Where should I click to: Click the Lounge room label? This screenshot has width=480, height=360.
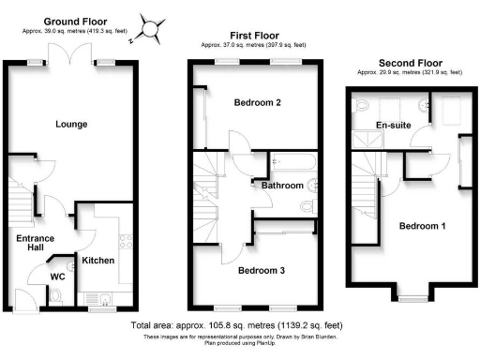tap(71, 124)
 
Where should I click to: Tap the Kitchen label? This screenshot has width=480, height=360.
tap(97, 260)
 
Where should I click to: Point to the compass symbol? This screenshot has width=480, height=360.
tap(150, 26)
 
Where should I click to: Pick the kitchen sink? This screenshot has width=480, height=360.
tap(106, 299)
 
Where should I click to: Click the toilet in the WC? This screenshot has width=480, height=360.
tap(55, 298)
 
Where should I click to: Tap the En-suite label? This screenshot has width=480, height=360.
tap(394, 124)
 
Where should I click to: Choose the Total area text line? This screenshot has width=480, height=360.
tap(240, 325)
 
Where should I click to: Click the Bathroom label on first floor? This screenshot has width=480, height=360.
tap(282, 186)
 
